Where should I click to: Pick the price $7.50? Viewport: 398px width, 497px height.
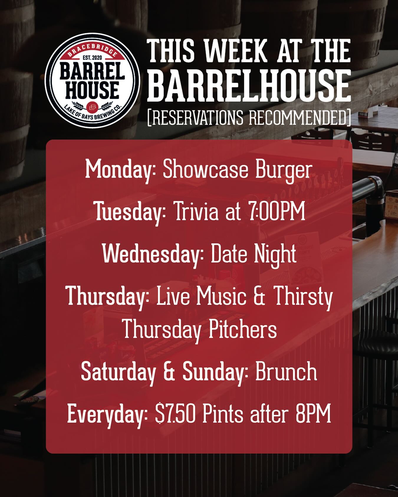tap(175, 414)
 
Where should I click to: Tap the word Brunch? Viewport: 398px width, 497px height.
tap(286, 372)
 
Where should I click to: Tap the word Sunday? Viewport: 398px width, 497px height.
tap(216, 372)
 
